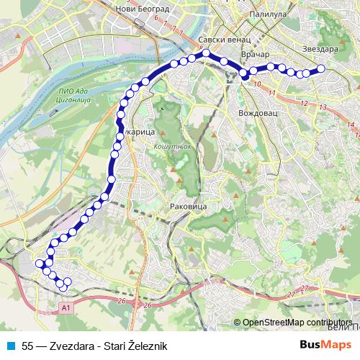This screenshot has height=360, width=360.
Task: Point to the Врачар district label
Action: [x=256, y=55]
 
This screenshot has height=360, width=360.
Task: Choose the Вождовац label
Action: [x=256, y=114]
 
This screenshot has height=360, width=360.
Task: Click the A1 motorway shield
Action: [x=66, y=307]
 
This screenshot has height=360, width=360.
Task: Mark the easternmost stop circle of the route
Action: [x=321, y=69]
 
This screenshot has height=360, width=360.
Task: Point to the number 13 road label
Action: [x=322, y=107]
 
